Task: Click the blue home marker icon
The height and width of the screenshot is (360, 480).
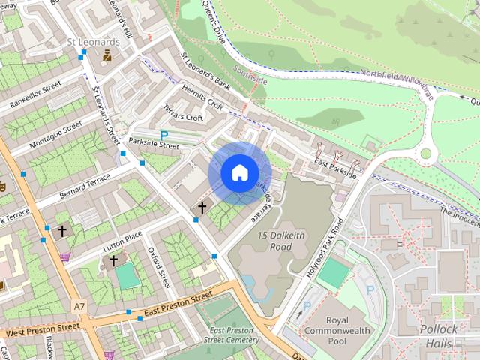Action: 238,173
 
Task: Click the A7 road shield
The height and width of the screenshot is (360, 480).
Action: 79,306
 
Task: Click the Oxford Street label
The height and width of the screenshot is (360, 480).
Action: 160,268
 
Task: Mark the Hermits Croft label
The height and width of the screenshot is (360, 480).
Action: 202,98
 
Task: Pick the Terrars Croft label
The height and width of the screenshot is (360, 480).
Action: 184,113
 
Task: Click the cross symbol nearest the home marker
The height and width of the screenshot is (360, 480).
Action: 202,207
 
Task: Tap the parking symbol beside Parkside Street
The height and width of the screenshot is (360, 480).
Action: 163,136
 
